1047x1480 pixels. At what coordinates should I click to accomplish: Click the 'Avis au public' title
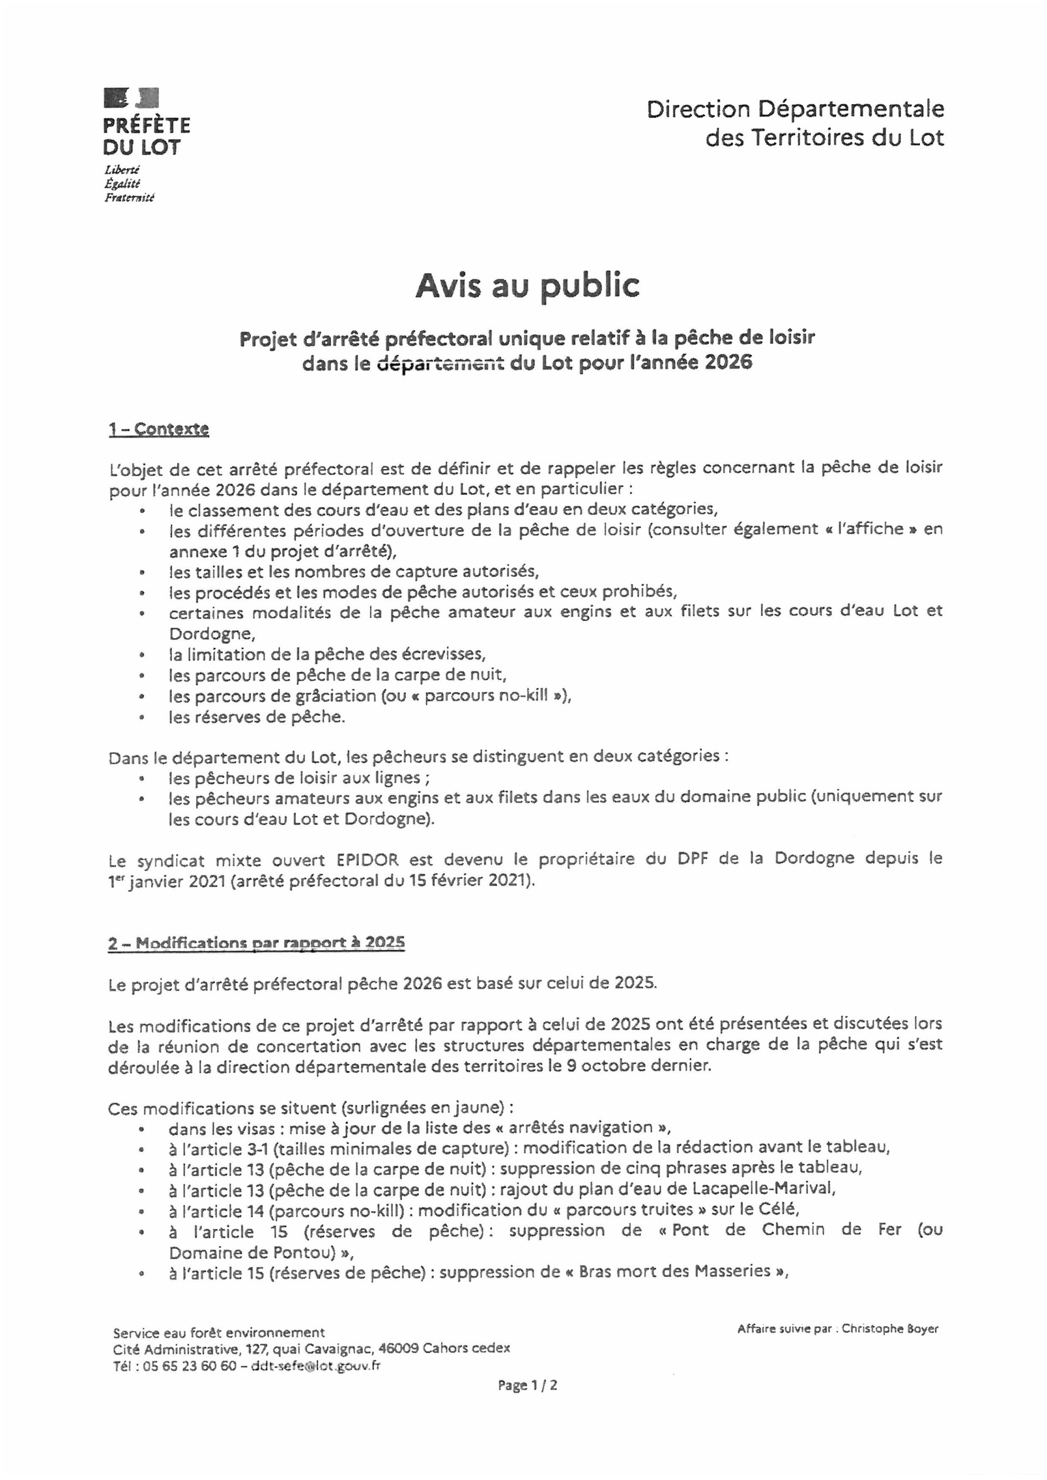[x=527, y=286]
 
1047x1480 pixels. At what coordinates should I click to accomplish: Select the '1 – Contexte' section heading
[x=159, y=430]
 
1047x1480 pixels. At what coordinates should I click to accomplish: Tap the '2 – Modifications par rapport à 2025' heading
[x=257, y=943]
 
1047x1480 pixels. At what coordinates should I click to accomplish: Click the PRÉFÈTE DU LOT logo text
[x=146, y=135]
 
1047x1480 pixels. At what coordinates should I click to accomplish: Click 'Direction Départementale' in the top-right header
[x=795, y=109]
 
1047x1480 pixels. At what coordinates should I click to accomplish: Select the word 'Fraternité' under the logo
[x=130, y=198]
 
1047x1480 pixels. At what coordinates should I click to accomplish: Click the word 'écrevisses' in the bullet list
[x=442, y=654]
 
